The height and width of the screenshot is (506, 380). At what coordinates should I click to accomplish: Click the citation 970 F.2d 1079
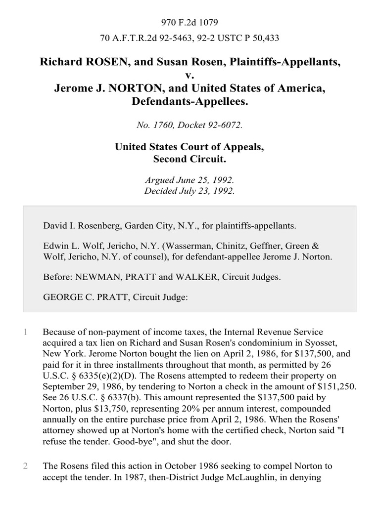(x=190, y=22)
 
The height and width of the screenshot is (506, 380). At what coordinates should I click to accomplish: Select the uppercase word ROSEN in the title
(x=90, y=63)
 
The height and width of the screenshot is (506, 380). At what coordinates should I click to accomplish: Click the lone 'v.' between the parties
(x=190, y=76)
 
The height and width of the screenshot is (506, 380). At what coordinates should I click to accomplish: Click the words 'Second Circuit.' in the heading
(x=190, y=159)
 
